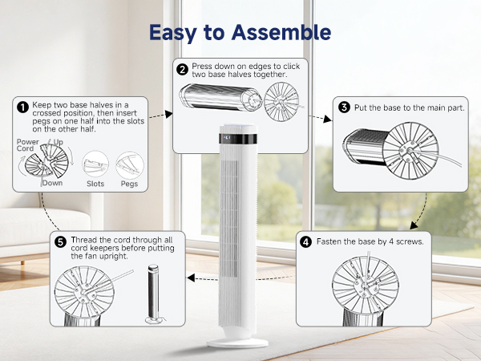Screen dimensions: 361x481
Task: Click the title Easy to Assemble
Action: (x=240, y=32)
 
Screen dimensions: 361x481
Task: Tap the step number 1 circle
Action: (x=22, y=106)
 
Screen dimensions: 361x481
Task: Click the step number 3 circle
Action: (x=344, y=107)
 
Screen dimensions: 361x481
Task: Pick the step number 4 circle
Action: (x=306, y=241)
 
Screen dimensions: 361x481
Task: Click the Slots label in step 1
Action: (x=95, y=184)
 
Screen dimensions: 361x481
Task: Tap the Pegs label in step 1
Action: (x=128, y=184)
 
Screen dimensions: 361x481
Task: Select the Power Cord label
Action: (x=27, y=145)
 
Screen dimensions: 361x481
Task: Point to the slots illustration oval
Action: (x=95, y=164)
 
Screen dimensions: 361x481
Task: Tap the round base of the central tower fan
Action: (x=237, y=341)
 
